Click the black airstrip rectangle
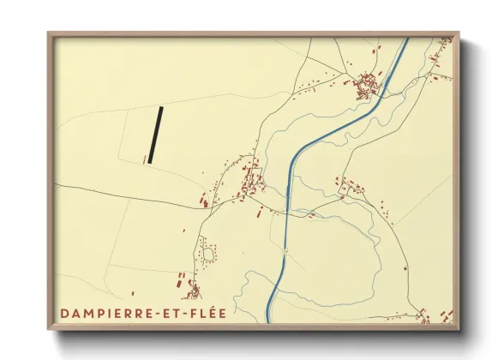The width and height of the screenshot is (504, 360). point(155,135)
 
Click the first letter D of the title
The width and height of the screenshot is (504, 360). point(64,314)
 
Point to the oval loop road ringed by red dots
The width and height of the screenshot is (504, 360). point(207,253)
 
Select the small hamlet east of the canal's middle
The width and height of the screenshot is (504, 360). point(349,187)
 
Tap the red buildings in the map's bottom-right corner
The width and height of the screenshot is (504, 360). point(424,316)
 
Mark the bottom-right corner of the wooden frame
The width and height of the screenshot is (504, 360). point(458,329)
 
